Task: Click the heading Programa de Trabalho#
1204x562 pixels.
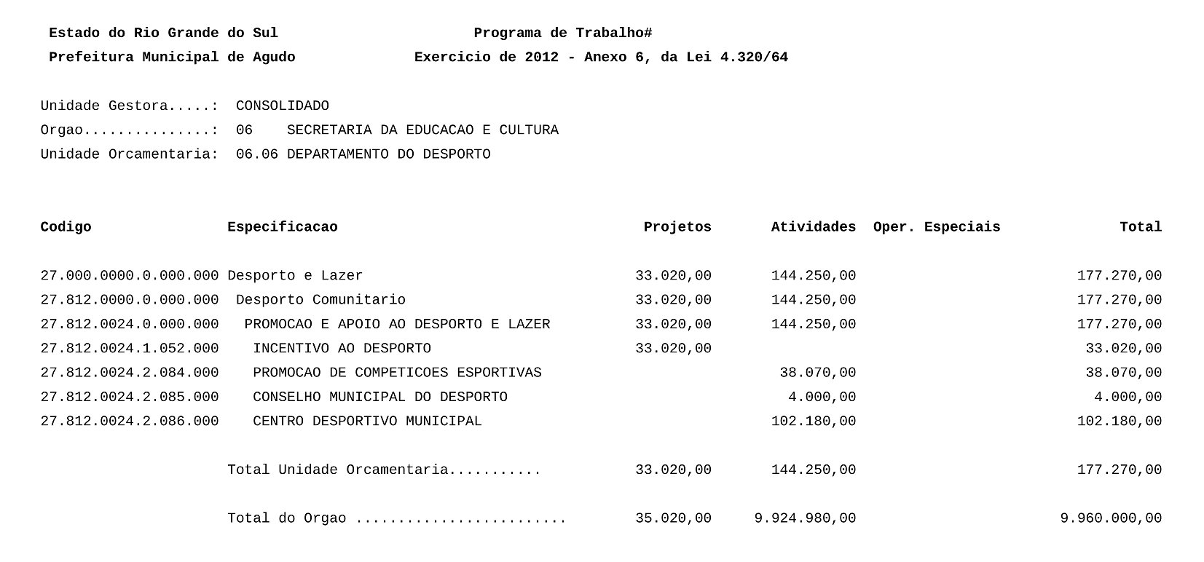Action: pyautogui.click(x=562, y=33)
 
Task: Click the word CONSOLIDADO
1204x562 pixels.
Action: pyautogui.click(x=282, y=106)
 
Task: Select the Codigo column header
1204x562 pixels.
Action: pyautogui.click(x=66, y=226)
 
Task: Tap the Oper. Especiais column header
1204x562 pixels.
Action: pyautogui.click(x=936, y=226)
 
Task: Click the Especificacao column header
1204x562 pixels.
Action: pyautogui.click(x=282, y=226)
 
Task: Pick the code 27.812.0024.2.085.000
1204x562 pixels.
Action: pyautogui.click(x=129, y=397)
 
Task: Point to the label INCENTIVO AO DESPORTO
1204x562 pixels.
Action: pyautogui.click(x=342, y=348)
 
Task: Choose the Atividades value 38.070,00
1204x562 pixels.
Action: pyautogui.click(x=817, y=372)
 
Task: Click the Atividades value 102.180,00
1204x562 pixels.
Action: pyautogui.click(x=813, y=421)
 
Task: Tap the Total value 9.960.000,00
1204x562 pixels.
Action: pyautogui.click(x=1111, y=518)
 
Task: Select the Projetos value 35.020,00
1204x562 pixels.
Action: pyautogui.click(x=673, y=518)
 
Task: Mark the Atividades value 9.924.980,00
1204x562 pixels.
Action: pyautogui.click(x=805, y=518)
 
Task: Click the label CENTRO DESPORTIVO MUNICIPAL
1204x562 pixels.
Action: pyautogui.click(x=367, y=421)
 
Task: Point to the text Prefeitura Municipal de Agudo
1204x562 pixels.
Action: pyautogui.click(x=172, y=57)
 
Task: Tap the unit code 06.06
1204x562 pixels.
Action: pyautogui.click(x=256, y=154)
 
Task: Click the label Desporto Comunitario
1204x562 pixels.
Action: pyautogui.click(x=320, y=299)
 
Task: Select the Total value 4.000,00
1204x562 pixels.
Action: pyautogui.click(x=1128, y=397)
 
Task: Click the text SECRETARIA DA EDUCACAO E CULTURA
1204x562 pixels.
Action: pyautogui.click(x=422, y=130)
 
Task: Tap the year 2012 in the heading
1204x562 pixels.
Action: pyautogui.click(x=541, y=57)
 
